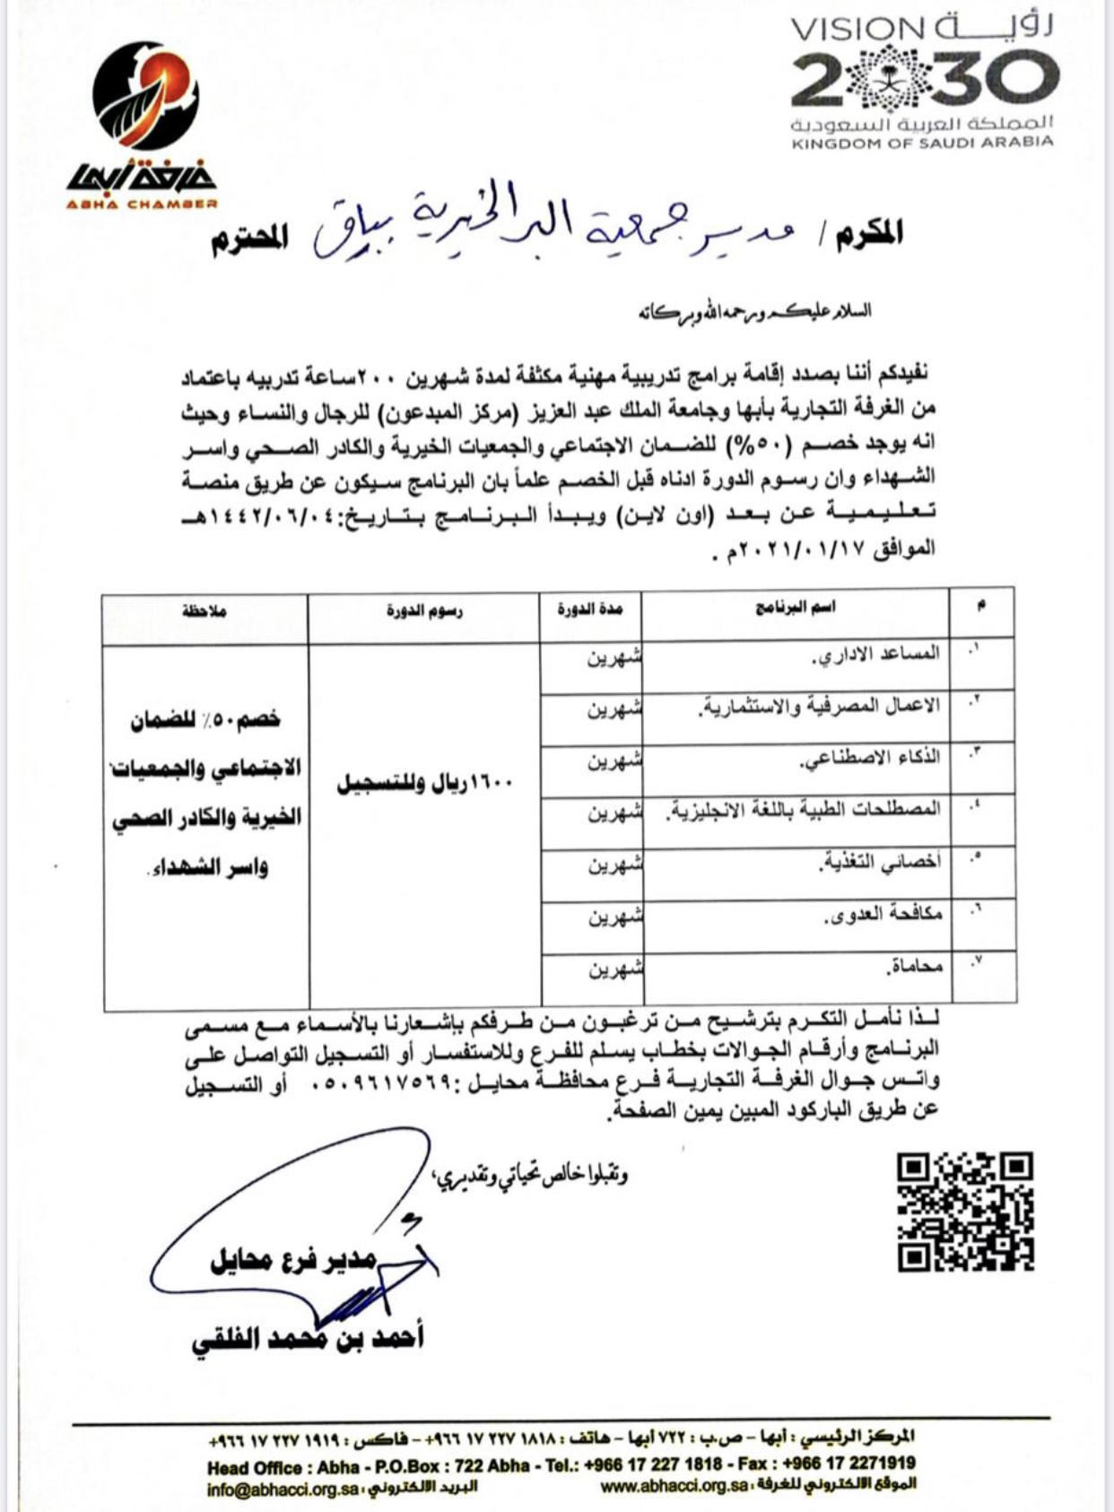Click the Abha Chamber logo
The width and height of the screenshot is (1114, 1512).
tap(144, 126)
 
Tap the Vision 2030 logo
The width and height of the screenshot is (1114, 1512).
tap(923, 81)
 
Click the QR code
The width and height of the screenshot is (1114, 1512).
tap(965, 1211)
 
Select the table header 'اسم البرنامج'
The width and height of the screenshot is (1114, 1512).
tap(795, 608)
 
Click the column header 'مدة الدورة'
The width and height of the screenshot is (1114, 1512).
tap(589, 609)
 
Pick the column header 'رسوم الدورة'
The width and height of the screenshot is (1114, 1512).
tap(424, 611)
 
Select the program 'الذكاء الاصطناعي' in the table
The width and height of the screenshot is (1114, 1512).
tap(870, 759)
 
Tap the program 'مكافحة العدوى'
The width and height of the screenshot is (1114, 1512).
tap(883, 915)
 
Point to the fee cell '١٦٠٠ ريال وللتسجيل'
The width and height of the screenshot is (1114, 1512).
tap(424, 783)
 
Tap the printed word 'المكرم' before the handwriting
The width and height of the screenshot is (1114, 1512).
tap(868, 234)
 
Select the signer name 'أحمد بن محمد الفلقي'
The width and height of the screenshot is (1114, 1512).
tap(307, 1339)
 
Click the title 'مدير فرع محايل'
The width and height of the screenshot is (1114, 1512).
tap(293, 1261)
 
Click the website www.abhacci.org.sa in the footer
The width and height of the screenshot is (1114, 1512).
tap(674, 1487)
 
